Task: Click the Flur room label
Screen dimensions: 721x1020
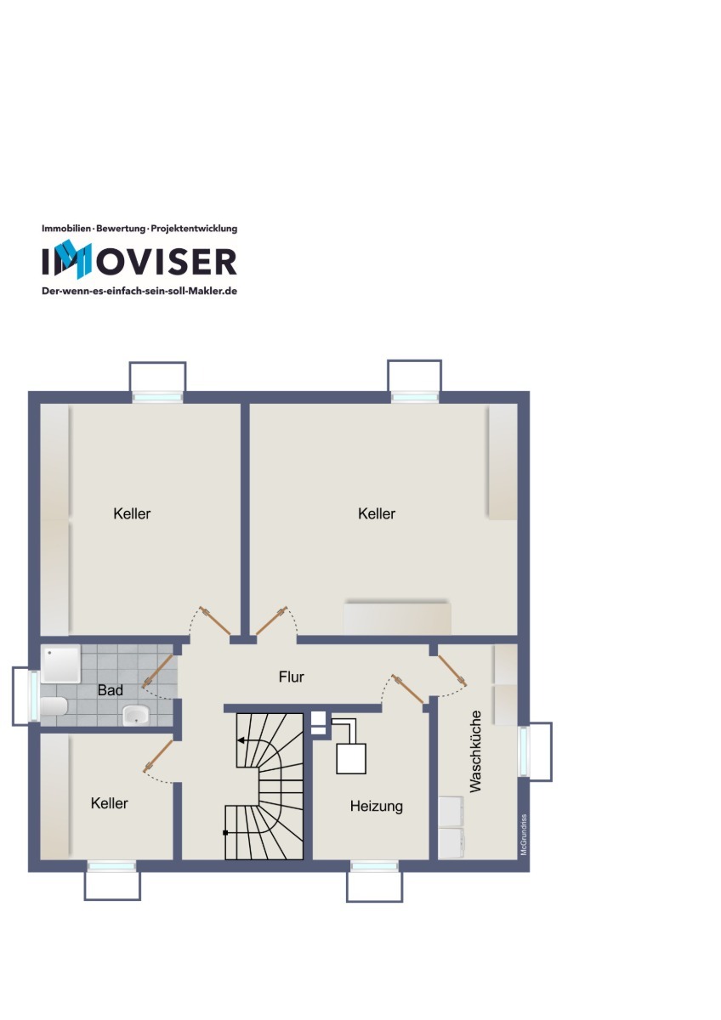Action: pos(291,677)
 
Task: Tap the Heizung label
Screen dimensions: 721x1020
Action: pos(376,807)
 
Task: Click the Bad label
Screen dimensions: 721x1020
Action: pos(111,690)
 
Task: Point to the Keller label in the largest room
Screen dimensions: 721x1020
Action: pos(376,513)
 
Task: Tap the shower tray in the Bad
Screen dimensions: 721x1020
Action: pos(60,664)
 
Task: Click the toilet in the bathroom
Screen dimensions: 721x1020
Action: pos(54,706)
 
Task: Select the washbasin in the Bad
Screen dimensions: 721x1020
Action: pos(136,716)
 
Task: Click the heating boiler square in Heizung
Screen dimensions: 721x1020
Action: pos(351,759)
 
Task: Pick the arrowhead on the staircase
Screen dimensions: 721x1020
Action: pos(241,740)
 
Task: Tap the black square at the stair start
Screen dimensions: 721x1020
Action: pos(225,833)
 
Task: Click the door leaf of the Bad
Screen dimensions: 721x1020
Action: pos(157,671)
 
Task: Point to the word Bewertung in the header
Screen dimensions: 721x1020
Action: pos(121,229)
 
